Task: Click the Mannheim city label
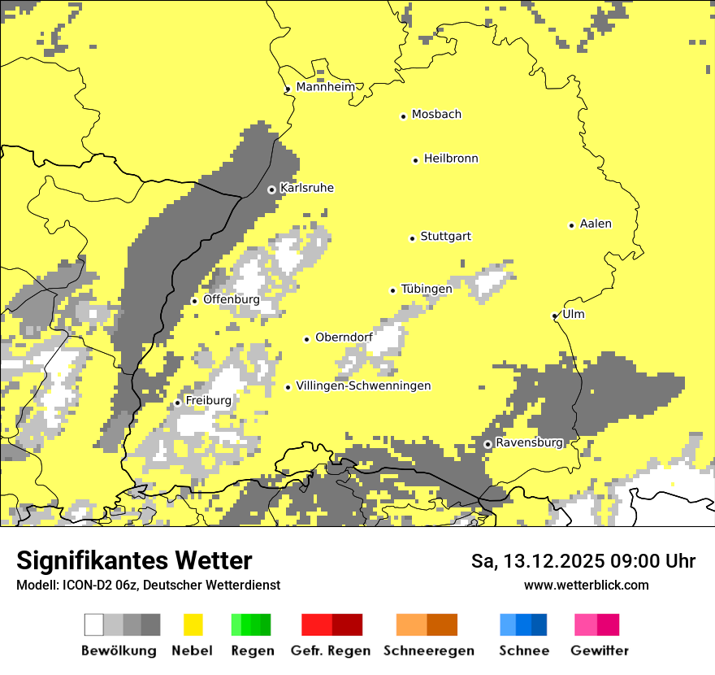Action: point(325,87)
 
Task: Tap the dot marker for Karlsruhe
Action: point(272,189)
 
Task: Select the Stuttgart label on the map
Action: point(445,237)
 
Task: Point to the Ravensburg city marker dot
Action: point(487,444)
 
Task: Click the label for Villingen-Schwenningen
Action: point(363,385)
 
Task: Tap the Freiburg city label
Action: point(208,400)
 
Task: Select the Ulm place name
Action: point(573,314)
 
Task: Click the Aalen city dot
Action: point(571,225)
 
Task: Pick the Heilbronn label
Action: point(451,159)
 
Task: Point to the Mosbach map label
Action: point(436,115)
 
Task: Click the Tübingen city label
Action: point(427,289)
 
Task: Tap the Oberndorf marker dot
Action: point(306,339)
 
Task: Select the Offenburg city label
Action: point(231,299)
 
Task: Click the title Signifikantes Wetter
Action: point(134,560)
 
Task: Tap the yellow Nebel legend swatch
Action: point(193,625)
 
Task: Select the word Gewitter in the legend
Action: point(600,651)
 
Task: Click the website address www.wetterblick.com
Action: point(586,585)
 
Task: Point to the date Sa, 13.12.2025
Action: point(538,561)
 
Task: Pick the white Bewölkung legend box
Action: point(94,625)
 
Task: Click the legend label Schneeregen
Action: point(428,651)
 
